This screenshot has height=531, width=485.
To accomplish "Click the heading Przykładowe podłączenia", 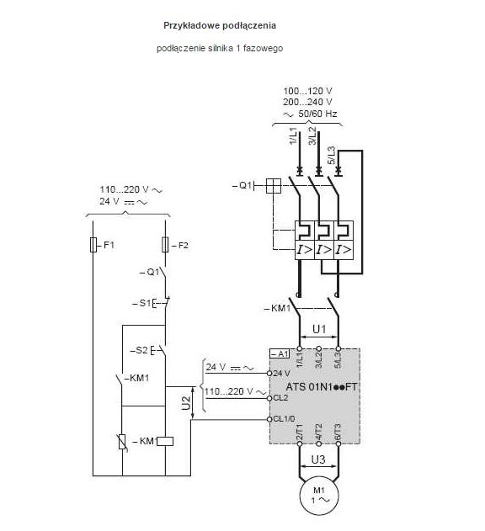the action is [x=220, y=26].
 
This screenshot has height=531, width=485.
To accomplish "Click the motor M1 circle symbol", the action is [x=319, y=495].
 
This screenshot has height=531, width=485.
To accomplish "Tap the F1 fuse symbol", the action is [x=93, y=245].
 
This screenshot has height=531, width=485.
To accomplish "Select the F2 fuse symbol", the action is [x=165, y=245].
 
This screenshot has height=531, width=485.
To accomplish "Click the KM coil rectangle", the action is [x=165, y=441].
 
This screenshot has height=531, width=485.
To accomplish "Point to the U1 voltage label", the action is [x=319, y=329].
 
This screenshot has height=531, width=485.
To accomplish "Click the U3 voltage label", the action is [x=318, y=459].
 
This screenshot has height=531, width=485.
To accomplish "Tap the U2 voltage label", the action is [x=186, y=403].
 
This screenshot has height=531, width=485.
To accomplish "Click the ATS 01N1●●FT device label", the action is [x=322, y=387].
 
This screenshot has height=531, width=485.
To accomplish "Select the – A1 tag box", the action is [x=280, y=354].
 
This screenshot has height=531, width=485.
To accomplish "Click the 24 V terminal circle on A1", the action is [x=269, y=373].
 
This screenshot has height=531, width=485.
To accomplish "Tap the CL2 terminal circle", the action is [x=269, y=398].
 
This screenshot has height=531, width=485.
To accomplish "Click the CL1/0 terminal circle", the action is [x=269, y=419].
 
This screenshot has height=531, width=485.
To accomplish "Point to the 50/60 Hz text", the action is [x=317, y=114].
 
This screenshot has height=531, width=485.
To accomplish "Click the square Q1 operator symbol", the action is [x=274, y=186].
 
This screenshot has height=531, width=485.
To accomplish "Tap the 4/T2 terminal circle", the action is [x=318, y=443].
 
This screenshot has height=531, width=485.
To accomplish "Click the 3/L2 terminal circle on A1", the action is [x=318, y=348].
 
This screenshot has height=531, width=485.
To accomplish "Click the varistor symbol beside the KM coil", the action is [x=122, y=442].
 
